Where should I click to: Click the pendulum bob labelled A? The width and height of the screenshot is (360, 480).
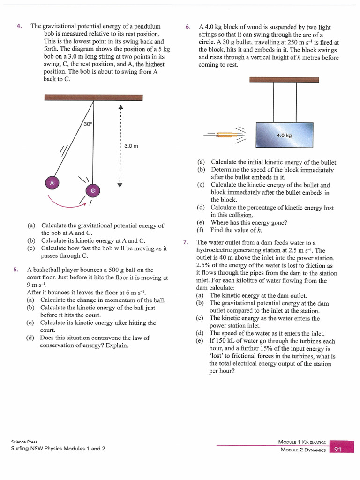pyautogui.click(x=52, y=182)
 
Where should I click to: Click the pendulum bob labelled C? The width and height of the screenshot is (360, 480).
pyautogui.click(x=93, y=190)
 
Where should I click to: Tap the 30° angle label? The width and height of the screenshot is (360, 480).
pyautogui.click(x=88, y=124)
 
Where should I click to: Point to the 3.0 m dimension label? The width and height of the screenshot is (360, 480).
pyautogui.click(x=131, y=146)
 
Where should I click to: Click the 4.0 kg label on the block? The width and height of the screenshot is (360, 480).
pyautogui.click(x=284, y=135)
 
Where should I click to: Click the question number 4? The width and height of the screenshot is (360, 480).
pyautogui.click(x=19, y=26)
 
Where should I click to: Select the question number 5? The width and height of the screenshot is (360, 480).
pyautogui.click(x=16, y=270)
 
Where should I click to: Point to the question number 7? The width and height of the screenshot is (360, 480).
pyautogui.click(x=185, y=242)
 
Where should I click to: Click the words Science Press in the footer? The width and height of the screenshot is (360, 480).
pyautogui.click(x=24, y=442)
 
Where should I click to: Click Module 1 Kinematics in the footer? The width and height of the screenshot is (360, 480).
pyautogui.click(x=302, y=442)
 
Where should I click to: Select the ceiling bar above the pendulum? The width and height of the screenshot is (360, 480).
pyautogui.click(x=93, y=97)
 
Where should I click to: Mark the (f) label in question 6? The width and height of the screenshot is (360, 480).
pyautogui.click(x=201, y=230)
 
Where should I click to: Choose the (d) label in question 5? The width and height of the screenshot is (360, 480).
pyautogui.click(x=30, y=337)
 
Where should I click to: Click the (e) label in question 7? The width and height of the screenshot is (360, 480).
pyautogui.click(x=199, y=341)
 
